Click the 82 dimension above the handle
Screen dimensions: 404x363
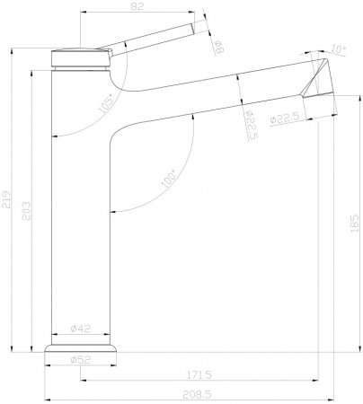[137, 7]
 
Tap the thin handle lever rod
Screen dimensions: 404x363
[153, 37]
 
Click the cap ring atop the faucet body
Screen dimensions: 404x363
[79, 57]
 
